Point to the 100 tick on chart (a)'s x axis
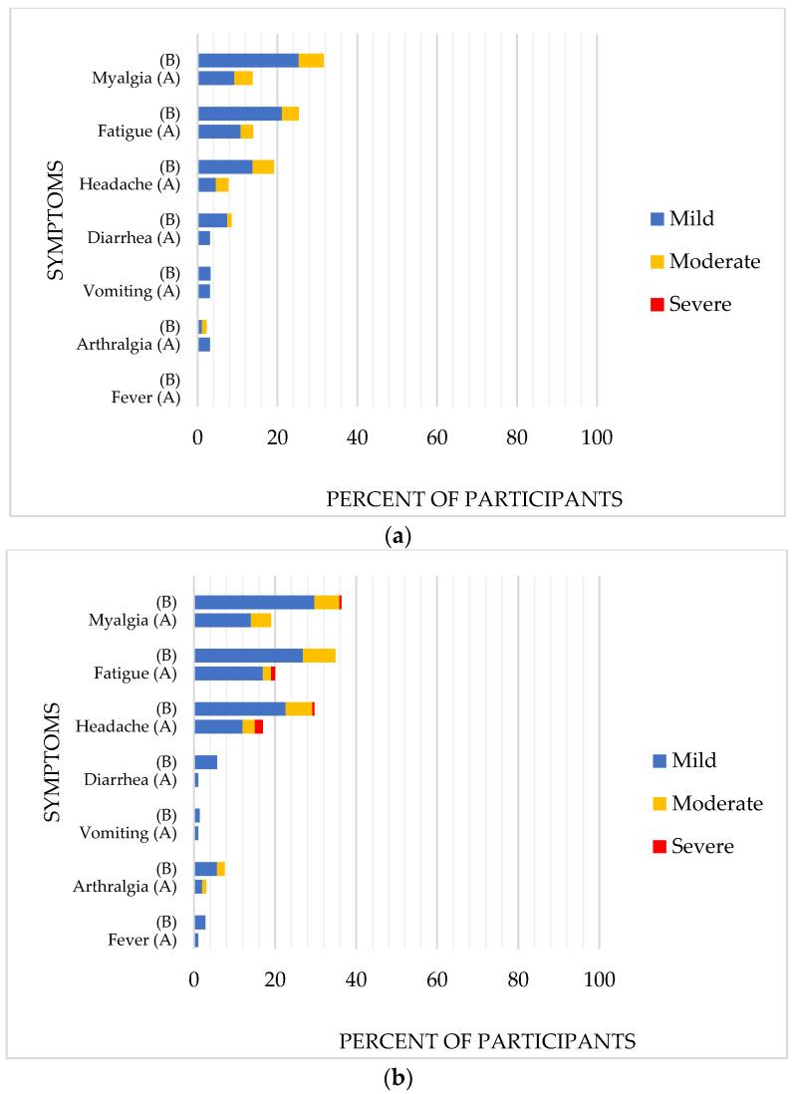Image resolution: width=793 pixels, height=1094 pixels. [x=597, y=436]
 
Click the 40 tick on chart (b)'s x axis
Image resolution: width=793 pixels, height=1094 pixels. [x=357, y=977]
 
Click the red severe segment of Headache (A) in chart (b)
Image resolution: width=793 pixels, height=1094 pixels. [x=258, y=726]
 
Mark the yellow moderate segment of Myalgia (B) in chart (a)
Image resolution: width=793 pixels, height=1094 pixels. [x=311, y=61]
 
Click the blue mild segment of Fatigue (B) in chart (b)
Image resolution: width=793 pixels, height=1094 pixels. [x=248, y=655]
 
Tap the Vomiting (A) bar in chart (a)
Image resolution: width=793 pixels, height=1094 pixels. [x=203, y=291]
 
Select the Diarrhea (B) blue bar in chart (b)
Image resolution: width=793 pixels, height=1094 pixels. [x=205, y=762]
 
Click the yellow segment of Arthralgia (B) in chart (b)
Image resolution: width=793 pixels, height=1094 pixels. [x=221, y=869]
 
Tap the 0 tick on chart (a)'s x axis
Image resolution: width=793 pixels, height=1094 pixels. [x=197, y=436]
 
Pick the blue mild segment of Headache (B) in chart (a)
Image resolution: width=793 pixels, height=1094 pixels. [x=224, y=166]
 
